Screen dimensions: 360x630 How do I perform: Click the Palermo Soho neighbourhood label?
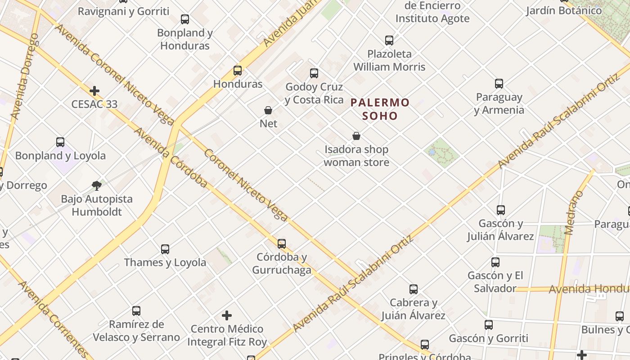(x=380, y=109)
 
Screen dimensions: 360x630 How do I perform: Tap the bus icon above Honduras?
(x=238, y=71)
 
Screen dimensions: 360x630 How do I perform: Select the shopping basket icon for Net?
(x=268, y=110)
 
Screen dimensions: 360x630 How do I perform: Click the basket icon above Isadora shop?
(x=356, y=136)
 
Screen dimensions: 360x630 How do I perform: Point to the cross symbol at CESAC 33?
(x=94, y=91)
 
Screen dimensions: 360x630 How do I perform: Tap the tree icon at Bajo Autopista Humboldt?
(x=97, y=185)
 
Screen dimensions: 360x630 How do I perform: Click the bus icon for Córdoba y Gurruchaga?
(x=282, y=244)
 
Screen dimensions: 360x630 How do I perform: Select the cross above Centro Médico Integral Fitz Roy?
(x=227, y=315)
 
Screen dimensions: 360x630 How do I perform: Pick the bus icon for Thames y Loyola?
(x=165, y=249)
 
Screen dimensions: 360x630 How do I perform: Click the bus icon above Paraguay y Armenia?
(x=499, y=84)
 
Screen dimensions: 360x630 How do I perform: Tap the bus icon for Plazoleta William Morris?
(x=389, y=40)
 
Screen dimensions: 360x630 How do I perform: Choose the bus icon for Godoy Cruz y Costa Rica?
(x=314, y=73)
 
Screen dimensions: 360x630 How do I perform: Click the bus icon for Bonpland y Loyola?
(x=60, y=142)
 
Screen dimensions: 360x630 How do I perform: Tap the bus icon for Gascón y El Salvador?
(x=495, y=262)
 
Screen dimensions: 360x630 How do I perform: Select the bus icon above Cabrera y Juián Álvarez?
(x=414, y=289)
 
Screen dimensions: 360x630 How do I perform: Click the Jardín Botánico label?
(x=570, y=11)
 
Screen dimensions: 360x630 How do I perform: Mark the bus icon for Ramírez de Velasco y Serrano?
(x=136, y=311)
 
